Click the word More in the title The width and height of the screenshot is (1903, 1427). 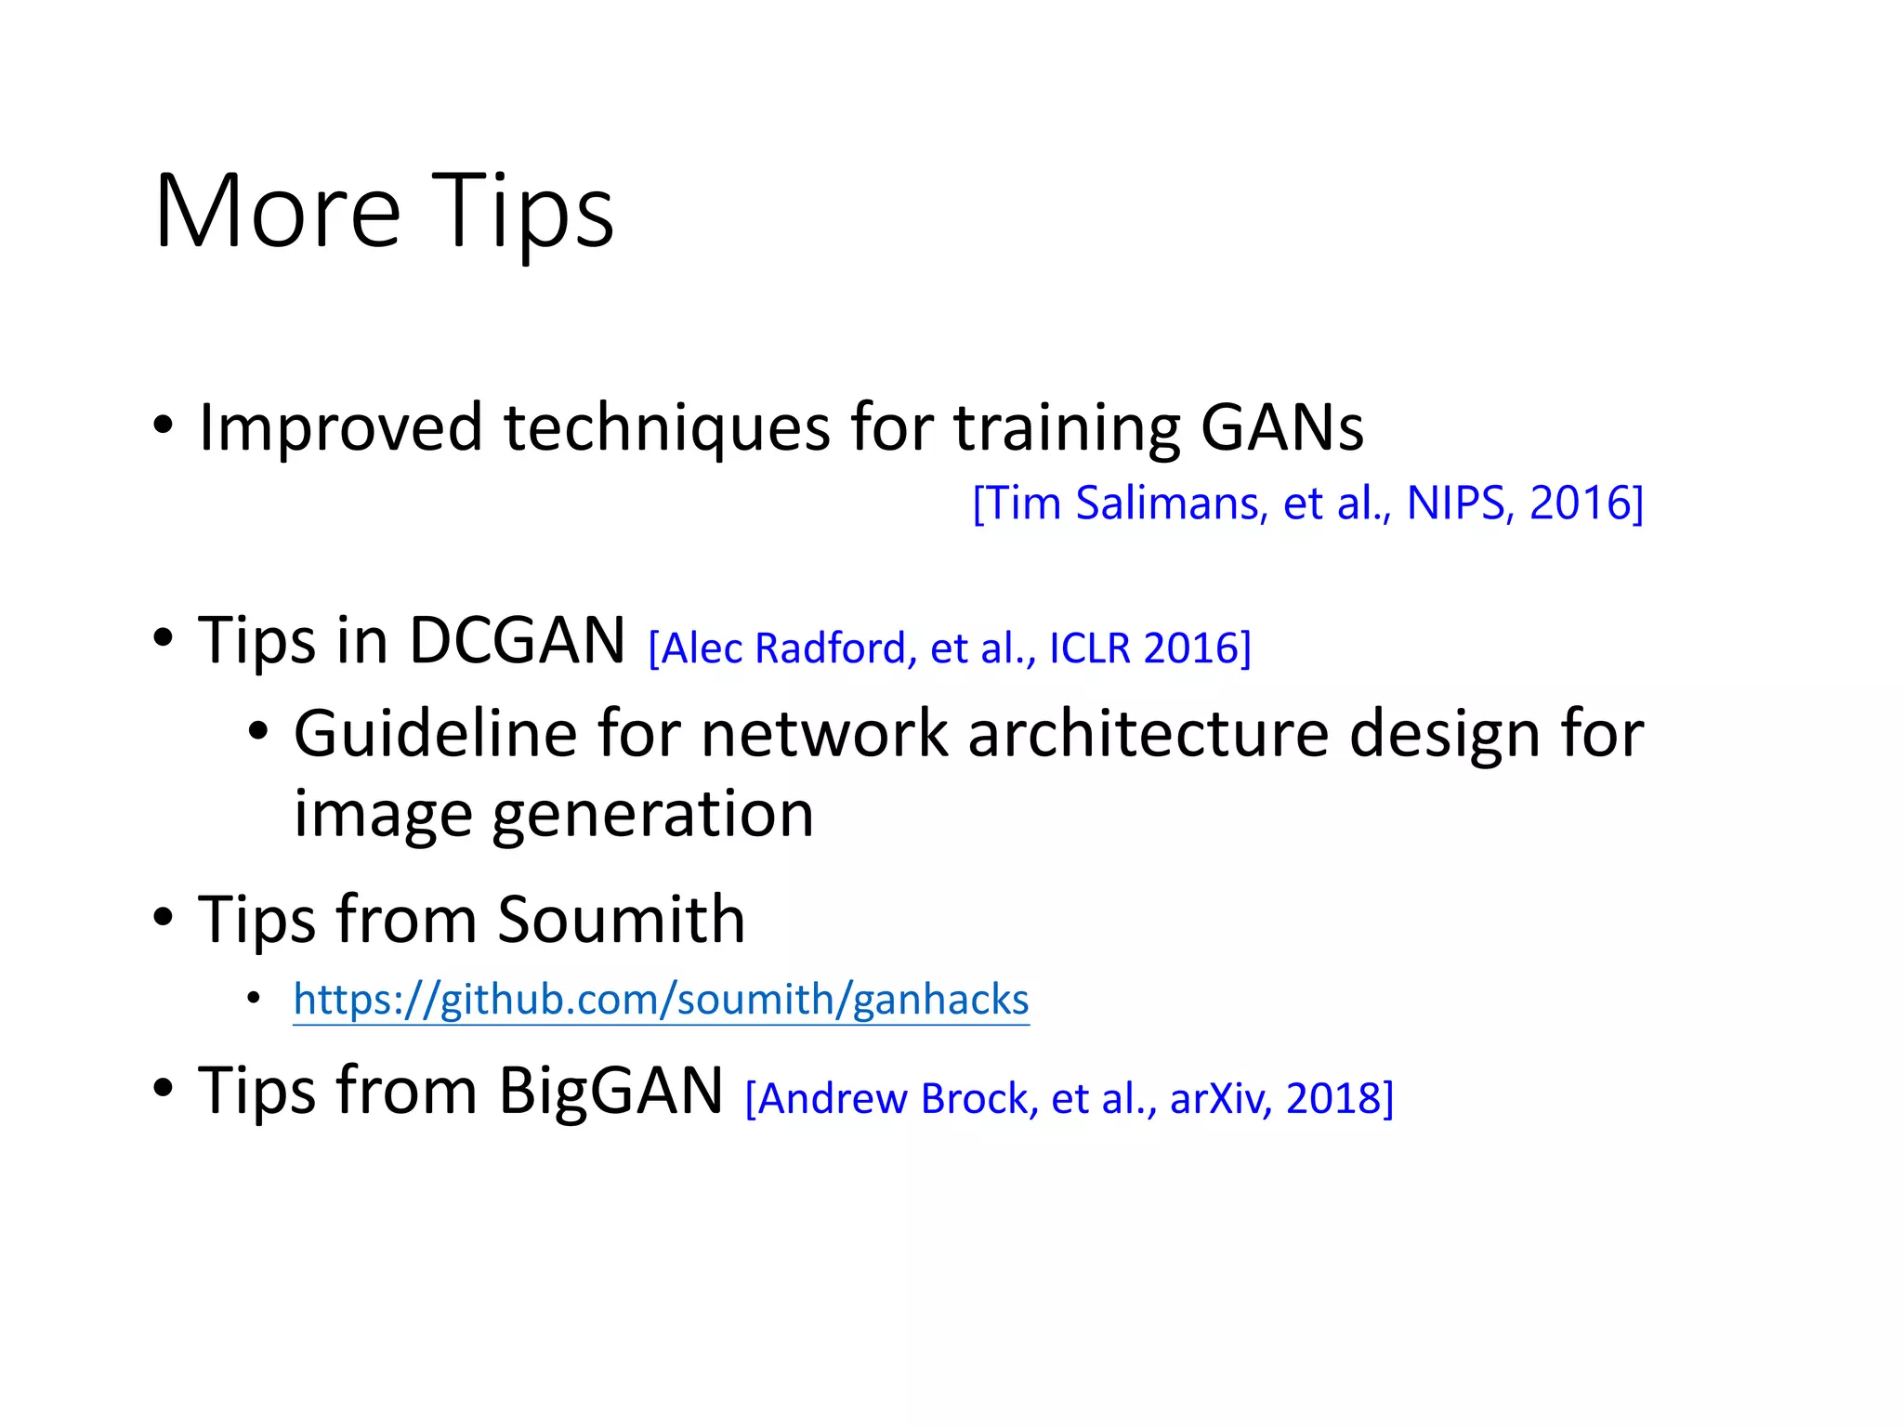coord(277,212)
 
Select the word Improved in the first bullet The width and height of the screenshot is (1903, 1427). coord(340,428)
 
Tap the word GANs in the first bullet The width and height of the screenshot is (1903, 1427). coord(1281,428)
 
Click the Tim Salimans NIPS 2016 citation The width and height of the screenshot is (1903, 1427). coord(1307,504)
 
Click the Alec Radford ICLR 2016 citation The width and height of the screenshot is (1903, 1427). coord(949,648)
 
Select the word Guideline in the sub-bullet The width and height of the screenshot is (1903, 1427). coord(435,735)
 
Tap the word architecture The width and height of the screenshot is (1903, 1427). coord(1148,735)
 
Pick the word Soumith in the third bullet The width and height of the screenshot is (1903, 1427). coord(621,920)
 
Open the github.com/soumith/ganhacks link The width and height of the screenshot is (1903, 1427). coord(661,1001)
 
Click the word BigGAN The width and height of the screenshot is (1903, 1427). coord(610,1091)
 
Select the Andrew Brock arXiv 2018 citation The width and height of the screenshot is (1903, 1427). coord(1069,1099)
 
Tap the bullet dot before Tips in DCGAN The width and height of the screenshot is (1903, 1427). coord(164,639)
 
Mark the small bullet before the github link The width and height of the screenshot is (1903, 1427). coord(254,1000)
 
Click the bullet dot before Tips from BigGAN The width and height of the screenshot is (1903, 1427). coord(164,1088)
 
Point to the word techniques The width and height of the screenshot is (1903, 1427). coord(666,428)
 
